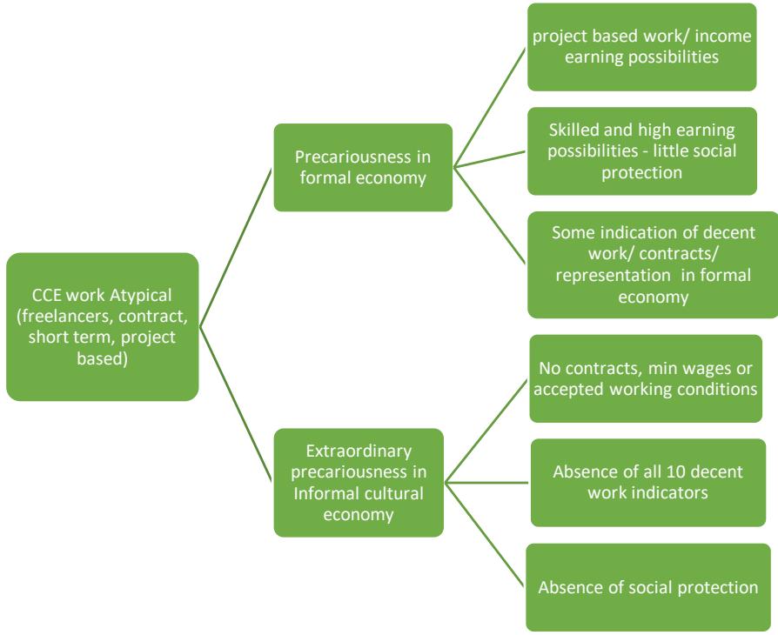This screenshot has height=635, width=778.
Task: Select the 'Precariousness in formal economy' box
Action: [362, 167]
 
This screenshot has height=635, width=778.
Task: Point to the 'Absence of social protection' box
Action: [647, 586]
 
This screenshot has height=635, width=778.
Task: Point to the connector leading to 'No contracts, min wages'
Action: [487, 428]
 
